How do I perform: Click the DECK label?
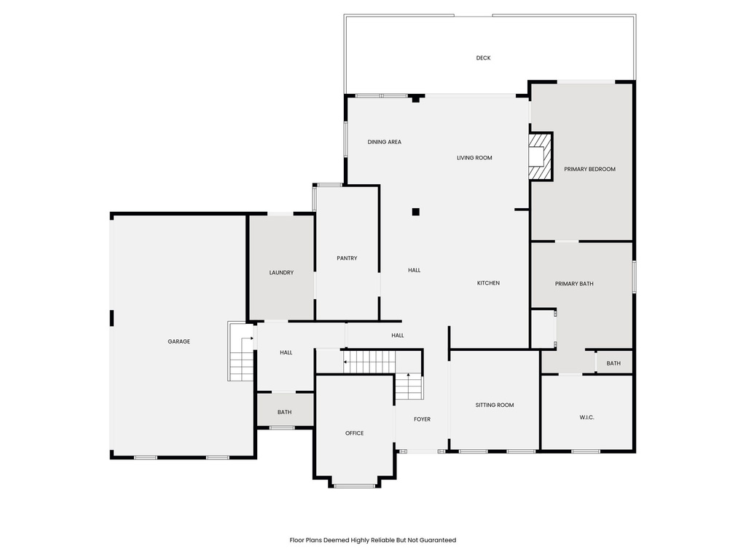click(x=483, y=58)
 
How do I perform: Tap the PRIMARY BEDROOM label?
click(x=589, y=169)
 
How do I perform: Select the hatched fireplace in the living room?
click(x=540, y=156)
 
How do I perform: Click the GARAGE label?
click(x=178, y=341)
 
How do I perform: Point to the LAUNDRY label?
click(x=281, y=273)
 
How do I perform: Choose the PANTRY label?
click(x=347, y=258)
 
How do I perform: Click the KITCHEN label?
click(x=488, y=283)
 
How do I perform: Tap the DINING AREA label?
click(x=384, y=142)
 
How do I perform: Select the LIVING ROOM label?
click(x=474, y=158)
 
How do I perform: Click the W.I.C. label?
click(x=587, y=417)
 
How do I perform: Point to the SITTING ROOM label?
click(x=495, y=405)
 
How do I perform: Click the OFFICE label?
click(x=354, y=433)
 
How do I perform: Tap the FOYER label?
click(x=422, y=419)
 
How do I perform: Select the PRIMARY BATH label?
click(x=574, y=284)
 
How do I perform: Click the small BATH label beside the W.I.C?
click(x=613, y=363)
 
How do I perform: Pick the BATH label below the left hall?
click(x=284, y=412)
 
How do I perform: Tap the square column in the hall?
click(x=415, y=212)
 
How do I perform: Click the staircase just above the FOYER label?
click(x=409, y=386)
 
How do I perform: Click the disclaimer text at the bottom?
click(x=372, y=540)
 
